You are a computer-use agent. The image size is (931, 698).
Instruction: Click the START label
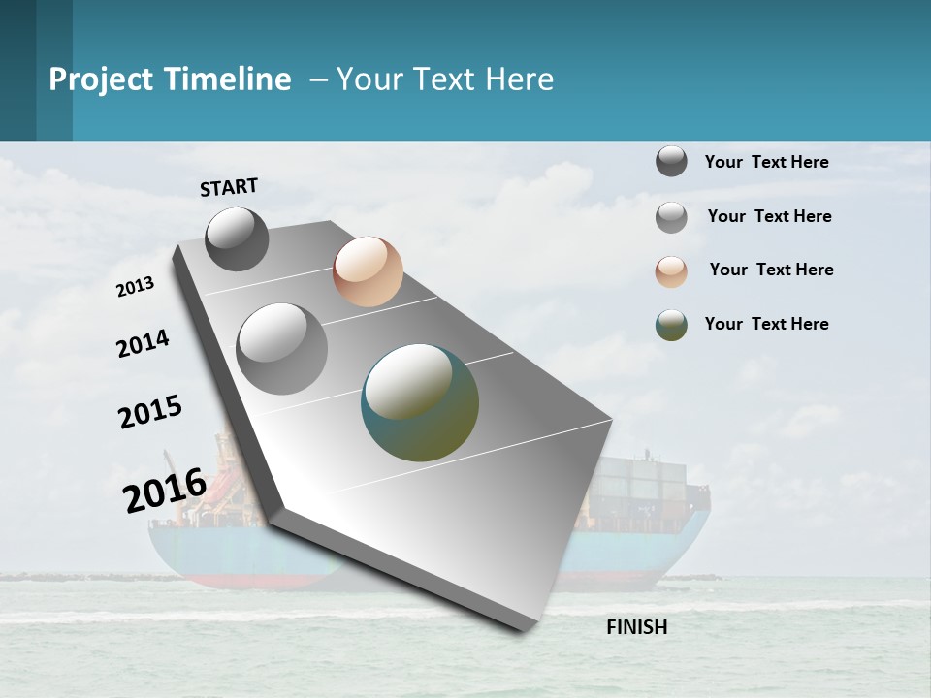click(229, 187)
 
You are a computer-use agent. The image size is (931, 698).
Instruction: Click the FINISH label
click(636, 627)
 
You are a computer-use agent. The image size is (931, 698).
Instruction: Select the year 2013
click(135, 287)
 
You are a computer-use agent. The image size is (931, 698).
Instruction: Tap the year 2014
click(143, 344)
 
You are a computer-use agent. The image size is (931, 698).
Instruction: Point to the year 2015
click(149, 412)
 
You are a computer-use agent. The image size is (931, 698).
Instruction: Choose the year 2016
click(165, 490)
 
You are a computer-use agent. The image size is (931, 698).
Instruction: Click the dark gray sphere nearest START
click(237, 238)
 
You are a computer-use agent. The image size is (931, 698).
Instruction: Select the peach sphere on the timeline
click(368, 271)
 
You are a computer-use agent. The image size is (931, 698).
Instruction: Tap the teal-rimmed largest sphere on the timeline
click(420, 402)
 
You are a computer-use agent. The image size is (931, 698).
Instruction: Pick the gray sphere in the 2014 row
click(281, 348)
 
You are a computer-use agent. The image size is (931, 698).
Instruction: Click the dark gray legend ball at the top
click(671, 162)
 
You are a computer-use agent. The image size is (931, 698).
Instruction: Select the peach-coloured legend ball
click(671, 270)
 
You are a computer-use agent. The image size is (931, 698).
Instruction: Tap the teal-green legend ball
click(671, 325)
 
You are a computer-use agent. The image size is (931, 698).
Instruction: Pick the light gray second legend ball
click(671, 217)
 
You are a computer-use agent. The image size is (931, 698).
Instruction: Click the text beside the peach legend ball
click(771, 270)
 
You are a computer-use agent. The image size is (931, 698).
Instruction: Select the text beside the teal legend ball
click(766, 324)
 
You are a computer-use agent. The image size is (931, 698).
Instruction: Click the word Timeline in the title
click(228, 79)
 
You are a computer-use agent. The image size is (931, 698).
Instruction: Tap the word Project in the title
click(101, 79)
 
